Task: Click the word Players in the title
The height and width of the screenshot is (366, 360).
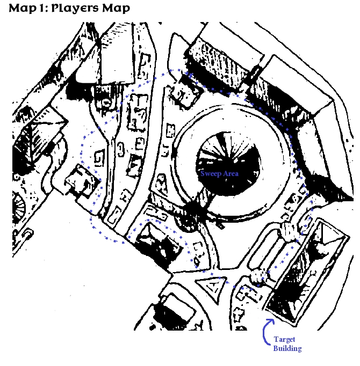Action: click(75, 9)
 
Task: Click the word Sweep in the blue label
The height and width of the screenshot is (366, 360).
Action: click(211, 173)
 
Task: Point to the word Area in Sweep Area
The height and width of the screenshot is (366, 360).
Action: click(231, 173)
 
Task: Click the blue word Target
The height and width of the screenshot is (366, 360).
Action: click(284, 340)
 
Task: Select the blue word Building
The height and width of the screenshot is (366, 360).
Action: click(287, 348)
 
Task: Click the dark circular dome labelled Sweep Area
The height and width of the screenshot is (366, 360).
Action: click(228, 163)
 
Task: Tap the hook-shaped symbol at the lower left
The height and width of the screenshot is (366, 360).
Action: click(27, 234)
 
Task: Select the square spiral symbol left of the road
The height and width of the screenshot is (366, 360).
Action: click(99, 158)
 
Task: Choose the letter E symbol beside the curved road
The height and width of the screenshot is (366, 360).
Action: click(140, 144)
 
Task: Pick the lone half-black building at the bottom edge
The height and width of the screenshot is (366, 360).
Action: click(173, 313)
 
